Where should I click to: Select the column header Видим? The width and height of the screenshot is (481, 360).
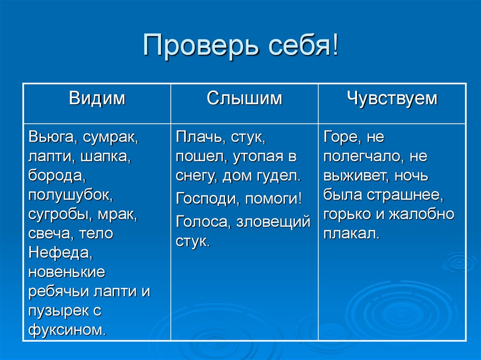[x=97, y=99]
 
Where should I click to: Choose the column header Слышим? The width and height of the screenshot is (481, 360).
[x=244, y=99]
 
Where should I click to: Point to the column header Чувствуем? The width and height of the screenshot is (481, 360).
[x=392, y=99]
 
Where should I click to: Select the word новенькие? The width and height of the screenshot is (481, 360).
[x=67, y=272]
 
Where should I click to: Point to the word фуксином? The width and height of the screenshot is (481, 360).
[x=67, y=329]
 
